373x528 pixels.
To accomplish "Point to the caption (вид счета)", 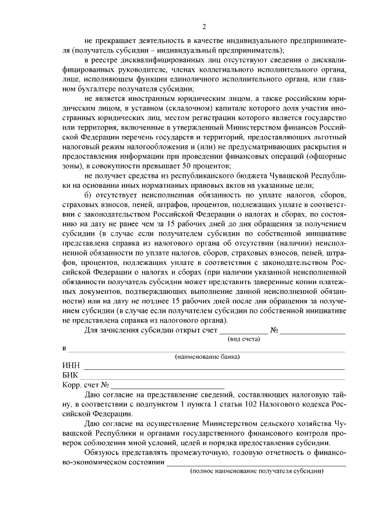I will (x=243, y=338).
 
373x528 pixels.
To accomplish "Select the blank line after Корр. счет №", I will (x=168, y=388).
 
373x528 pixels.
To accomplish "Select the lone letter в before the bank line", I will (x=64, y=349).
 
